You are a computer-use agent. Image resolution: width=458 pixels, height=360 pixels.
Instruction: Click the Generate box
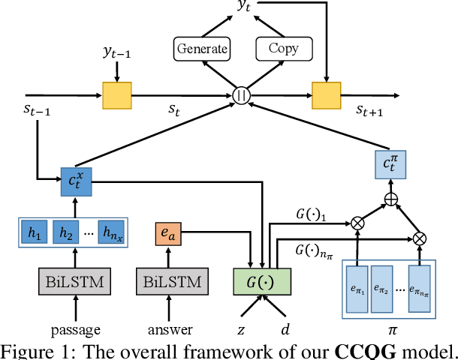pos(201,49)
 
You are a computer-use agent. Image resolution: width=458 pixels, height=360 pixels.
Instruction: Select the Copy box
pos(283,49)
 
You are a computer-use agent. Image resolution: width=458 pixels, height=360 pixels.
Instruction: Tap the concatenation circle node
pos(242,95)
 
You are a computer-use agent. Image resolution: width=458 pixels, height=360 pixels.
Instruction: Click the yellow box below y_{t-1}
pos(117,95)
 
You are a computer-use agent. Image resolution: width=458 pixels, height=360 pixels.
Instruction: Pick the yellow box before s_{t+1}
pos(326,95)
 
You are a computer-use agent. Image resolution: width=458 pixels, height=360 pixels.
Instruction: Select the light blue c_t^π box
pos(390,163)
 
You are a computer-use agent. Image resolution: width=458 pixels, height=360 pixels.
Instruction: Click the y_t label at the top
pos(244,7)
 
